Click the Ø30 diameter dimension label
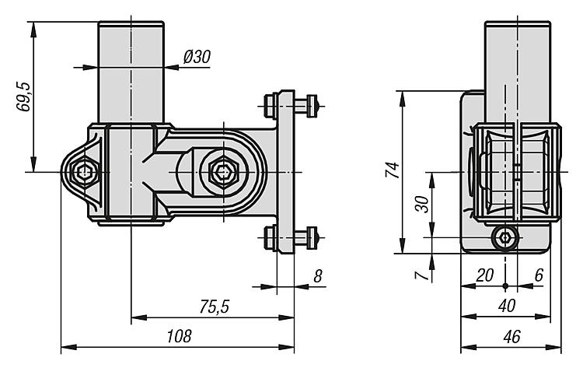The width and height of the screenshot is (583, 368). pyautogui.click(x=197, y=56)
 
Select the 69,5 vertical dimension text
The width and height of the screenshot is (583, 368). pyautogui.click(x=24, y=96)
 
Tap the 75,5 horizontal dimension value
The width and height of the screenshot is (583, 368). pyautogui.click(x=215, y=307)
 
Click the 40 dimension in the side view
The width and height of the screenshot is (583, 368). pyautogui.click(x=507, y=306)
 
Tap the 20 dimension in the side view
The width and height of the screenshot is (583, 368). pyautogui.click(x=484, y=275)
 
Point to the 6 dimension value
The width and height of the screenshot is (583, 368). pyautogui.click(x=539, y=275)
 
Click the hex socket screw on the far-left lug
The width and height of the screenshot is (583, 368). pyautogui.click(x=83, y=171)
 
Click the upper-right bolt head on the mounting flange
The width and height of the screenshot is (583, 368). pyautogui.click(x=312, y=103)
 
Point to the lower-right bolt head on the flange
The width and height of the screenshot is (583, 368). pyautogui.click(x=312, y=234)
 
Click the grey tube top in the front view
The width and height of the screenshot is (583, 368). pyautogui.click(x=131, y=70)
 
